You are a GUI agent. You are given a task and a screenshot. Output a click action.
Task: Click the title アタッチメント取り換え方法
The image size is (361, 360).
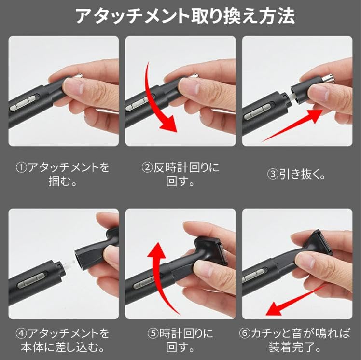click(185, 15)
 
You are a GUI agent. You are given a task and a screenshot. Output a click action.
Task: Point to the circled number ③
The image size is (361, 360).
click(272, 174)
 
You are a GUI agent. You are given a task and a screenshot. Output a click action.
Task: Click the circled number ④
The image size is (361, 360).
click(21, 333)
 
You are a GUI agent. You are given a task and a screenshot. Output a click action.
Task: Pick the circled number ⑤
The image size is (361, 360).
click(153, 333)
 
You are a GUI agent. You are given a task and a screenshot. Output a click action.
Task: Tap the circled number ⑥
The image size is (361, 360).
click(245, 333)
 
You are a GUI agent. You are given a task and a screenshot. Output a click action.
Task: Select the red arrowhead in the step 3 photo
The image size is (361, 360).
click(316, 116)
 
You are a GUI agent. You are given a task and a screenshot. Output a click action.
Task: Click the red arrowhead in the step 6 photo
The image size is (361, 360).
click(274, 308)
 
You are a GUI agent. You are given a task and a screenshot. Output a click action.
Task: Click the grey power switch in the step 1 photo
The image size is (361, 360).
click(23, 103)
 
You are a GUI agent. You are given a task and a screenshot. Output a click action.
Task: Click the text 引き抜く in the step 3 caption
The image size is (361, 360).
click(299, 174)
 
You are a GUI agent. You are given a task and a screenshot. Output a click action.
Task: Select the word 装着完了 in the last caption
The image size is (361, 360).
click(292, 347)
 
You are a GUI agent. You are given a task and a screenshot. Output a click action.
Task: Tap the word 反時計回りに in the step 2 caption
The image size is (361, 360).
click(186, 167)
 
